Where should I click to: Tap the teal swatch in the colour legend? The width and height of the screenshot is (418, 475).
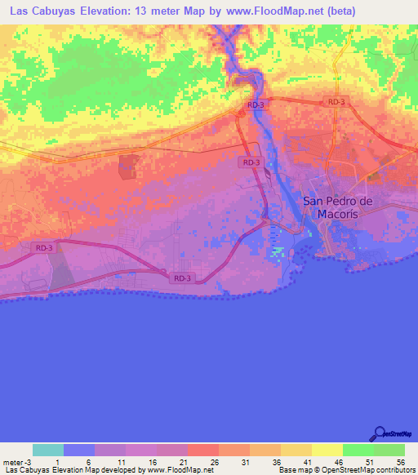coord(48,450)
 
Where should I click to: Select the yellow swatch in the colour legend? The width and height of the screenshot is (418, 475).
coord(327,450)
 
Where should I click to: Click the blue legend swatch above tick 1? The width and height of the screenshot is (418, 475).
coord(79,450)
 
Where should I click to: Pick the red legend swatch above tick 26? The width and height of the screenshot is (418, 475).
coord(203,450)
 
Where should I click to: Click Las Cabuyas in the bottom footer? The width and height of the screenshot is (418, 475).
coord(27,469)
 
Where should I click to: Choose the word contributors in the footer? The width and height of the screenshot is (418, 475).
coord(394,469)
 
